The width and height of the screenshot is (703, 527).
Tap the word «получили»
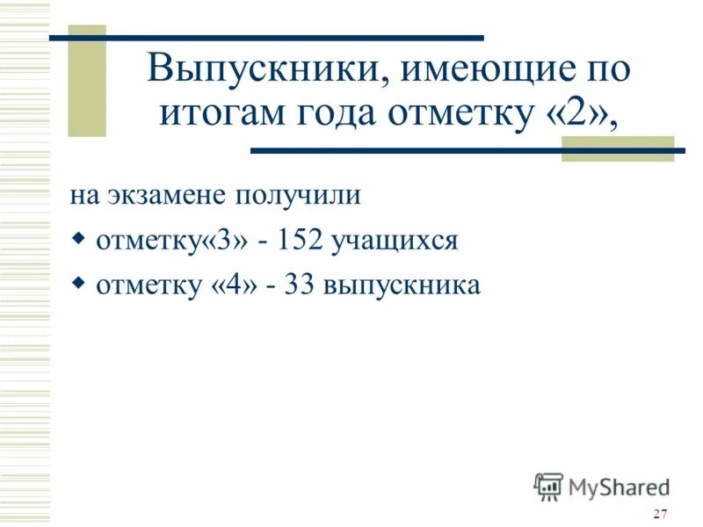[302, 196]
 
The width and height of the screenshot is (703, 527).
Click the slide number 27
[661, 514]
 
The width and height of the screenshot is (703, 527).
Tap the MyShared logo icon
[548, 486]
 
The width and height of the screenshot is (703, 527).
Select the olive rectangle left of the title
[87, 82]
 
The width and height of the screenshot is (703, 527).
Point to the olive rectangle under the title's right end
[617, 148]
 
